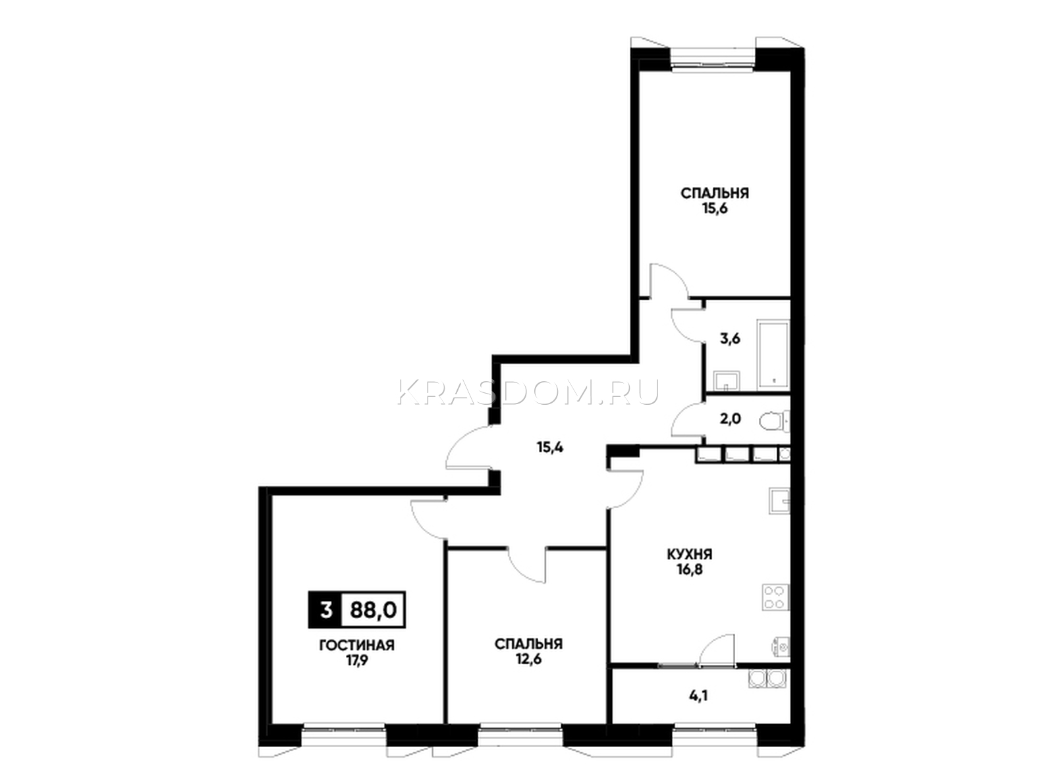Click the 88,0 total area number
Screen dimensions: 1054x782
pos(373,610)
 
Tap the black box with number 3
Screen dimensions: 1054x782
pos(325,610)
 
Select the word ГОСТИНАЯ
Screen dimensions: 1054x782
pos(357,645)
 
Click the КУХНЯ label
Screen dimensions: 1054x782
pos(690,554)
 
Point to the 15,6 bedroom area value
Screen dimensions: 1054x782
pos(715,209)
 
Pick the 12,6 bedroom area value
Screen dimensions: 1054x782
pos(528,659)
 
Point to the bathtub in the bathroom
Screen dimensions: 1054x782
pos(773,353)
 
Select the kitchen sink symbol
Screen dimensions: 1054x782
pos(780,500)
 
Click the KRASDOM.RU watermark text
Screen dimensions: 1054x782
pos(528,392)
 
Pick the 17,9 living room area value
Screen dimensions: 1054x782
pos(357,660)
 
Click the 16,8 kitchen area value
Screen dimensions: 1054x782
pos(690,569)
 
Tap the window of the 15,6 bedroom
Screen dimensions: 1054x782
pos(713,61)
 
